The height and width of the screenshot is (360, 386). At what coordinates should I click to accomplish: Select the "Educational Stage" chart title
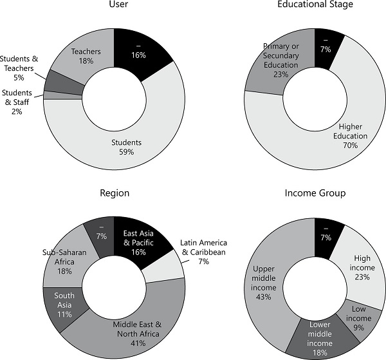(x=315, y=5)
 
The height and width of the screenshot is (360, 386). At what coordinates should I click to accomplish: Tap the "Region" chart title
(x=115, y=193)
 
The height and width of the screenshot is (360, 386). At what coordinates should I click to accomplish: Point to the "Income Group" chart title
(x=315, y=193)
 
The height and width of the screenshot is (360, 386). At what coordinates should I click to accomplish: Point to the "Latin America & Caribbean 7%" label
(x=203, y=251)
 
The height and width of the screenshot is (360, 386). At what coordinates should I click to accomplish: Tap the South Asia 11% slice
(x=64, y=305)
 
